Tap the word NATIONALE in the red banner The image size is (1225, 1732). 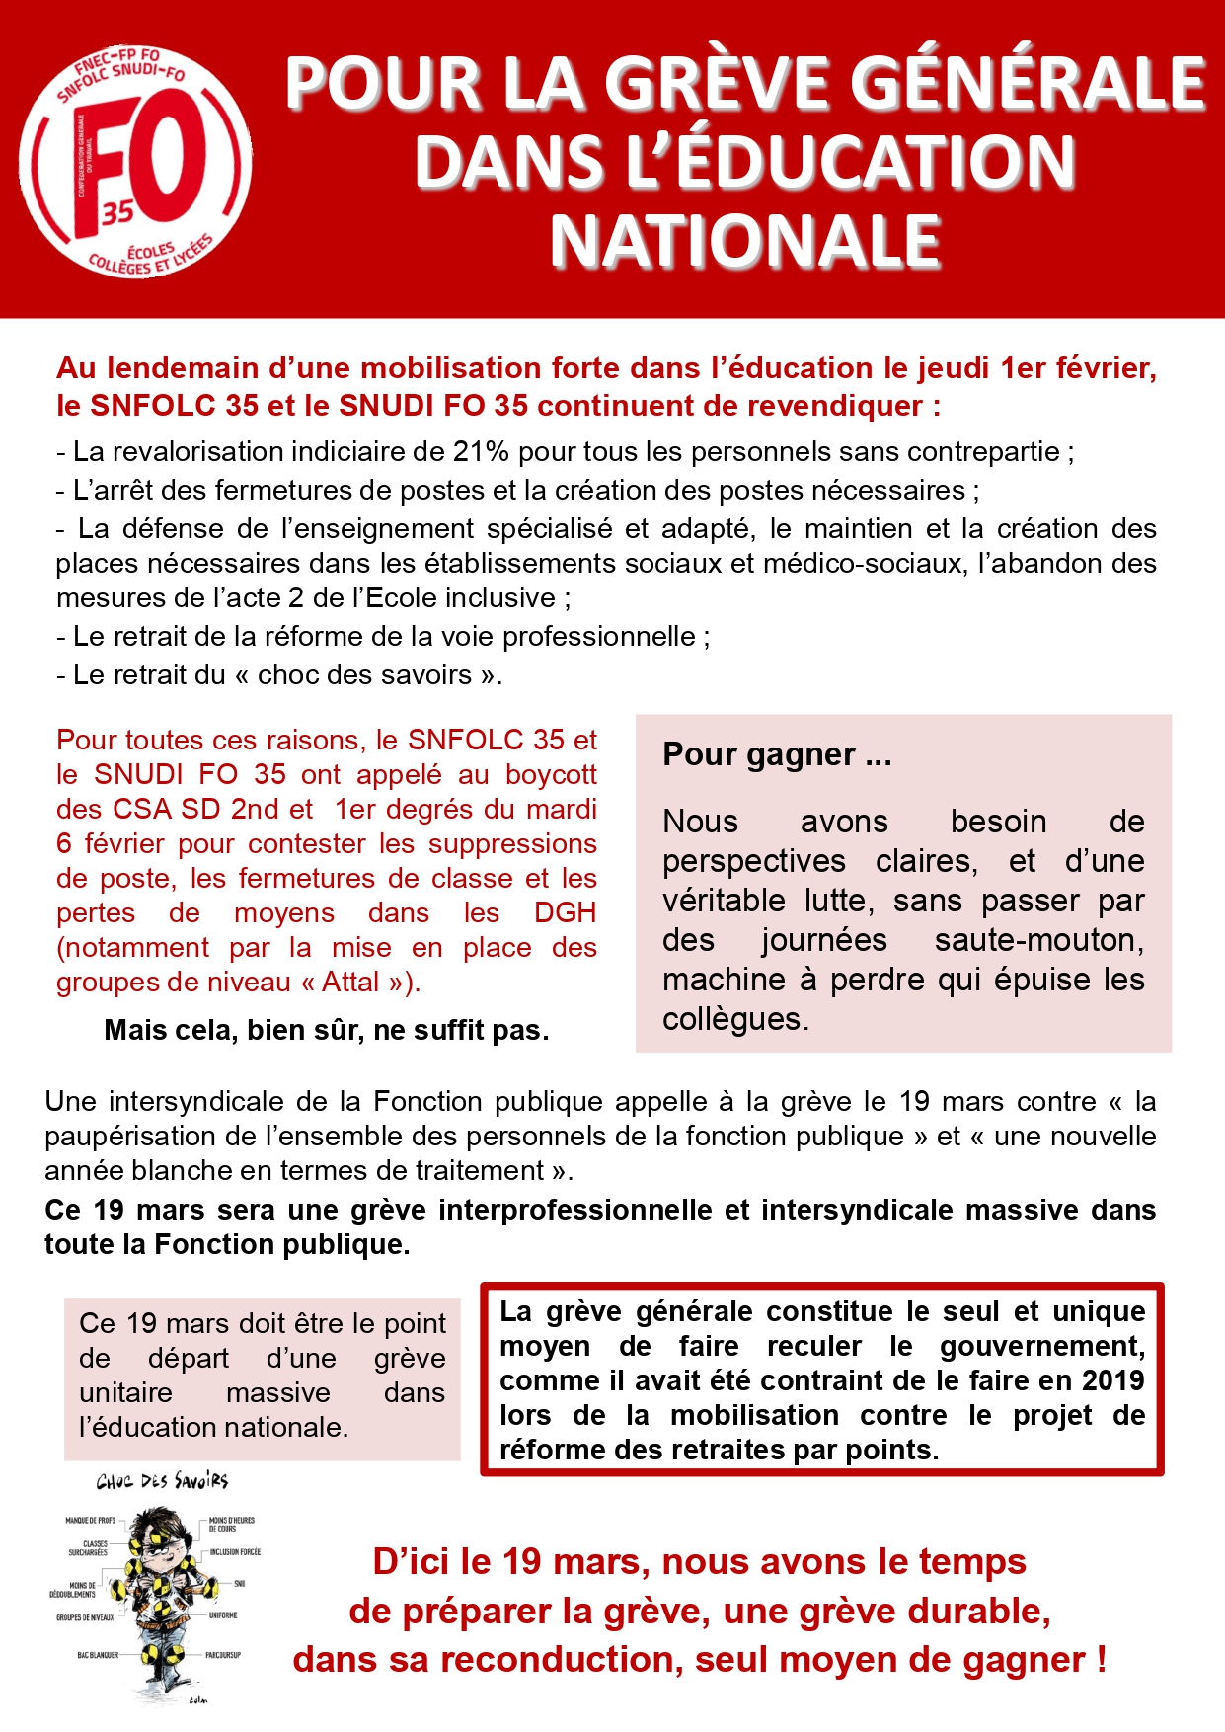745,242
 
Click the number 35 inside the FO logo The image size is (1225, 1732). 116,212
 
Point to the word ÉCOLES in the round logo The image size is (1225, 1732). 150,252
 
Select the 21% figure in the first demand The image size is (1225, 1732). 481,452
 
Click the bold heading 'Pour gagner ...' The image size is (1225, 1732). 777,754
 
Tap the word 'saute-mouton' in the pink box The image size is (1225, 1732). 1038,940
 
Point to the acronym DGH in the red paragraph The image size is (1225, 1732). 565,913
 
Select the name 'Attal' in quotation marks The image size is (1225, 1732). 350,983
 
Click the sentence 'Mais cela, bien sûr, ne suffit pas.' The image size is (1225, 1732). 327,1031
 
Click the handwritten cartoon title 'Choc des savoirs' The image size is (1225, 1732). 163,1481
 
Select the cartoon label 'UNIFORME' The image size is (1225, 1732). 223,1615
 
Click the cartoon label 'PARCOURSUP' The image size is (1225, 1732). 223,1655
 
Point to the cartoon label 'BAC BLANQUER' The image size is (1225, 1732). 98,1655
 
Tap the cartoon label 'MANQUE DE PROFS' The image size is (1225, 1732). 91,1521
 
